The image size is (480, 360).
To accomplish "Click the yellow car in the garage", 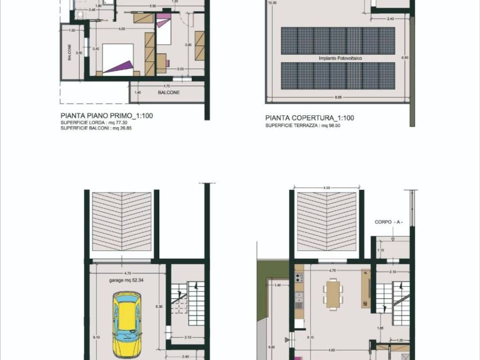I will (127, 323).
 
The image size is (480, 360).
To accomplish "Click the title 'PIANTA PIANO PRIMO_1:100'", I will (107, 116).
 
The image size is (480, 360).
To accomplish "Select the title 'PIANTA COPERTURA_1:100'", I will (309, 118).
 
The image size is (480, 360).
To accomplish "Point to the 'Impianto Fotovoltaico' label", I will (340, 59).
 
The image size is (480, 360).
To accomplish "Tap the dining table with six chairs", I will (333, 294).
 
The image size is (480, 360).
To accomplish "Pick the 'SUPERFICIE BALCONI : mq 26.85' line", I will (96, 127).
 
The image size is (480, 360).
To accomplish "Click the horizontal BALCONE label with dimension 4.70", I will (169, 93).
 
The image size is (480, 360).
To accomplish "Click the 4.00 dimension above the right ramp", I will (327, 187).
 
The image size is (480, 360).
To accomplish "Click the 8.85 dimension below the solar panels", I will (337, 97).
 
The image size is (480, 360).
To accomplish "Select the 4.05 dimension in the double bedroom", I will (121, 29).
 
